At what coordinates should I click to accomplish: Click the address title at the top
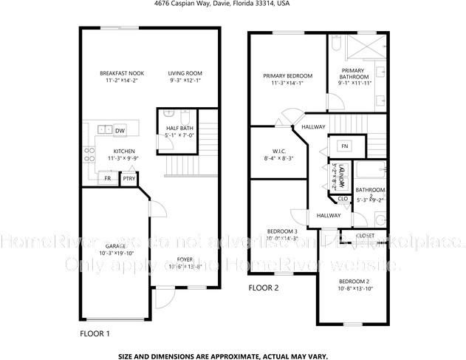pyautogui.click(x=233, y=4)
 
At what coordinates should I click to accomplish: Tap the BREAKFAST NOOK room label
pyautogui.click(x=121, y=73)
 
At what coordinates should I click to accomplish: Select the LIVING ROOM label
pyautogui.click(x=185, y=73)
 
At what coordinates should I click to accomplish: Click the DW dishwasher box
pyautogui.click(x=120, y=131)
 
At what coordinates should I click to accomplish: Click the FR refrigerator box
pyautogui.click(x=108, y=178)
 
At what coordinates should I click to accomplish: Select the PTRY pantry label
pyautogui.click(x=129, y=178)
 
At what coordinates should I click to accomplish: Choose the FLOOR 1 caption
pyautogui.click(x=95, y=333)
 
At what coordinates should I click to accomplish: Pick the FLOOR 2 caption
pyautogui.click(x=263, y=288)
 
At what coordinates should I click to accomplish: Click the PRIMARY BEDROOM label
pyautogui.click(x=287, y=76)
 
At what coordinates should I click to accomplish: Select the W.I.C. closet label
pyautogui.click(x=278, y=151)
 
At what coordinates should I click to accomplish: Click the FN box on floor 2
pyautogui.click(x=344, y=146)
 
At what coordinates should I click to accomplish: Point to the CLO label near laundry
pyautogui.click(x=343, y=198)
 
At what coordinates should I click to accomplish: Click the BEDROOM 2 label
pyautogui.click(x=354, y=282)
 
